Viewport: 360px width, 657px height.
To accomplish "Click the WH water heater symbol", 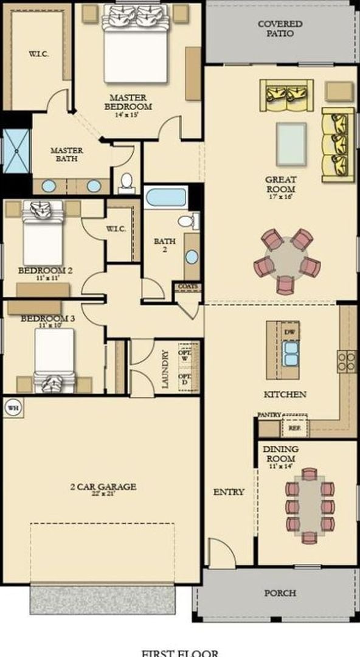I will point(13,408).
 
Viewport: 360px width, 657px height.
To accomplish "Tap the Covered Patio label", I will point(280,29).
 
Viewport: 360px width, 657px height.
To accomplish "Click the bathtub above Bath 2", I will point(165,198).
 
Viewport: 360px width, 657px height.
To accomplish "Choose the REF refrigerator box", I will point(294,428).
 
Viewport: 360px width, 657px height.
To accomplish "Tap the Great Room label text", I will point(280,184).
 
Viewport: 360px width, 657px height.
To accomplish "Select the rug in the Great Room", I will point(291,144).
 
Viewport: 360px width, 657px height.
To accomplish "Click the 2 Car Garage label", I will point(102,488).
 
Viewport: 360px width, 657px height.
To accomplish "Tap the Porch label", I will point(280,593).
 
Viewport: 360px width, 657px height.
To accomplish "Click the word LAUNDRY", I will point(165,369).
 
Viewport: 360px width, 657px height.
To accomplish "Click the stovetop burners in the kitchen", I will point(347,361).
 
